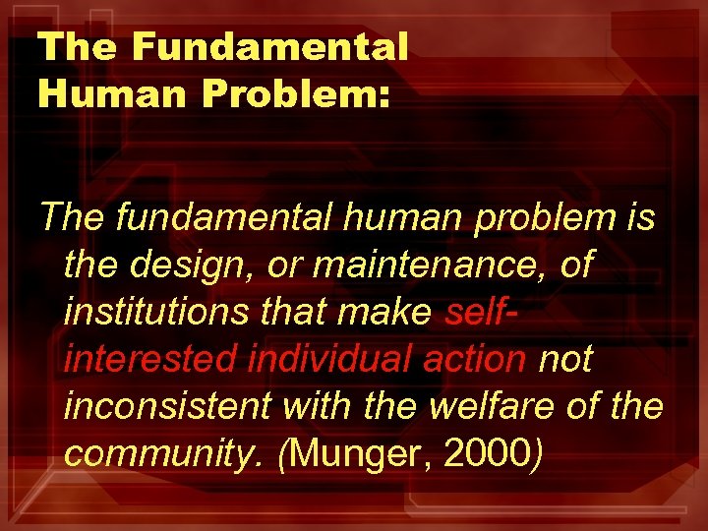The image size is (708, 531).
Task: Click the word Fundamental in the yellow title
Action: [269, 46]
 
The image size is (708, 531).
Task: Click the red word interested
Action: [149, 360]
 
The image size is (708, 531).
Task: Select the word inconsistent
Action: [162, 407]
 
